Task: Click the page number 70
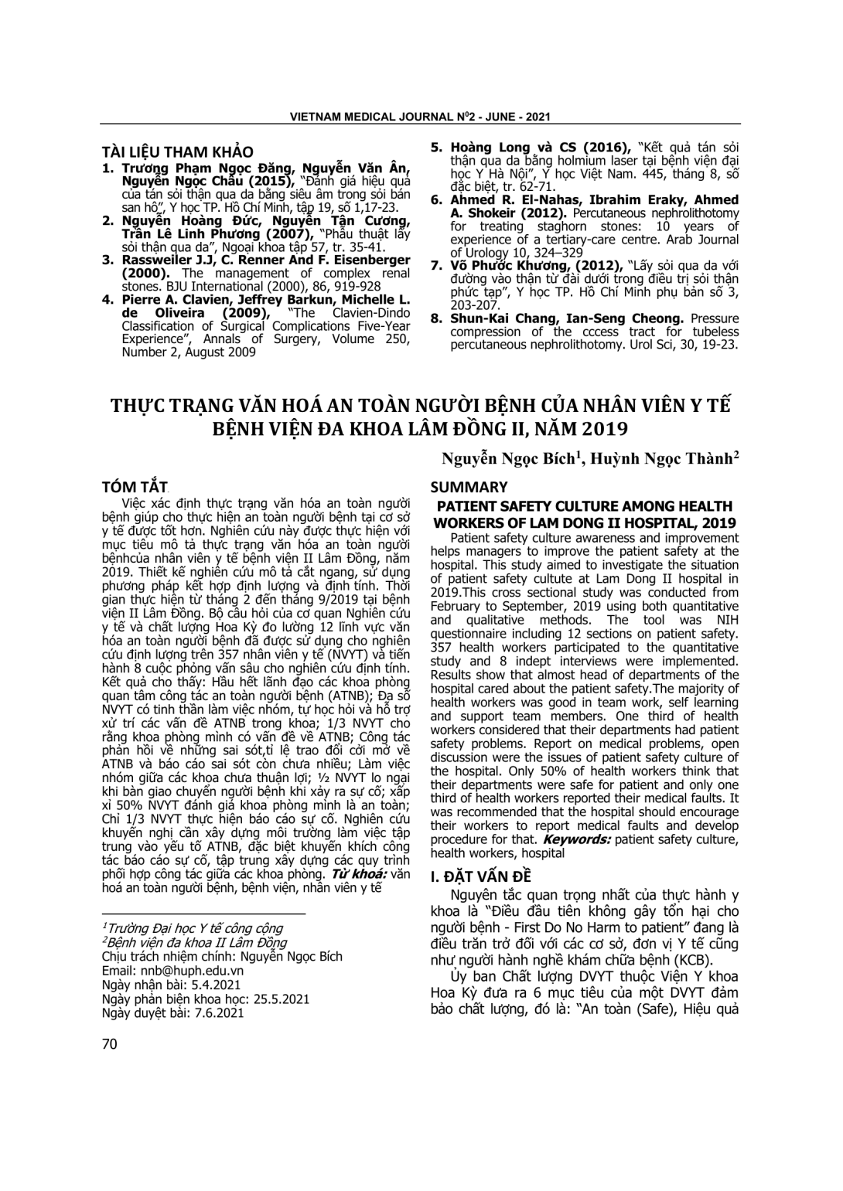pos(109,1044)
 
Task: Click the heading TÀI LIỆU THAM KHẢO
pos(177,152)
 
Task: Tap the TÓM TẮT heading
pos(135,488)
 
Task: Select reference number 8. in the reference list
pos(436,318)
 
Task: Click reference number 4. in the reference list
pos(108,299)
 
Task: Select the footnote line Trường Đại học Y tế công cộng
pos(193,928)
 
